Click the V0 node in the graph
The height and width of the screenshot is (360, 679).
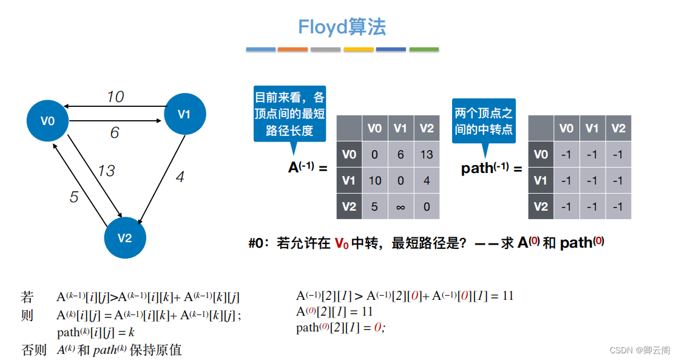[x=48, y=121]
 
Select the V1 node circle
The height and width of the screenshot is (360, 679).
[x=184, y=114]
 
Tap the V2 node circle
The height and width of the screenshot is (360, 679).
[x=125, y=237]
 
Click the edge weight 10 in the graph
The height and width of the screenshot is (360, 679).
[x=115, y=97]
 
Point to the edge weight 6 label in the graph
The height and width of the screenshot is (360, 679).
[x=115, y=132]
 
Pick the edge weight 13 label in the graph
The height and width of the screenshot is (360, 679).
[x=106, y=171]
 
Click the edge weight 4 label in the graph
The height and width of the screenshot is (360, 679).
[x=180, y=177]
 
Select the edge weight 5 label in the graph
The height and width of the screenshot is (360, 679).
[x=74, y=197]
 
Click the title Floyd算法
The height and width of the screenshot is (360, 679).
[x=342, y=27]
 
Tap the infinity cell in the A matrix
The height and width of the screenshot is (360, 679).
[x=400, y=207]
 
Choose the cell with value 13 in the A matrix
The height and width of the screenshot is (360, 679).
[x=427, y=154]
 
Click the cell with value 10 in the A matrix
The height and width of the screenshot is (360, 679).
[x=374, y=181]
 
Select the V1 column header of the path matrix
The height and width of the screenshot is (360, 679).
[x=592, y=128]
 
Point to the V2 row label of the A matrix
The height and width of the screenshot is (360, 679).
[x=349, y=207]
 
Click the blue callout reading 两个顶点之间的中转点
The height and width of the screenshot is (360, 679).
[x=484, y=121]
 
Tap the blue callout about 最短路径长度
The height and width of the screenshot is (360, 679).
[x=289, y=114]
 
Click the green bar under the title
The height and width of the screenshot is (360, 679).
[x=424, y=49]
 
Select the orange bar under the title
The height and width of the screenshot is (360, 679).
[x=292, y=49]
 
